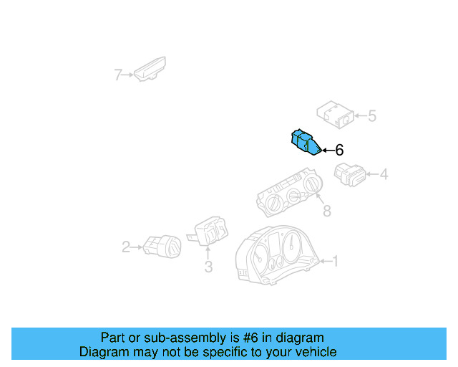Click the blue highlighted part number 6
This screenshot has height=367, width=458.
point(306,142)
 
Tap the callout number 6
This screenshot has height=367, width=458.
point(339,150)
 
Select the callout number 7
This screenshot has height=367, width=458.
point(117,75)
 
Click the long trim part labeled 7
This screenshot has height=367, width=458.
point(150,69)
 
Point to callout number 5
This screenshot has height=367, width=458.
point(372,116)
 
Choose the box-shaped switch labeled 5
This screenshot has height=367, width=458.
point(336,115)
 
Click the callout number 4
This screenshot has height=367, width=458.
point(384,174)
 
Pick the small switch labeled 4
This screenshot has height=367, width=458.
point(350,174)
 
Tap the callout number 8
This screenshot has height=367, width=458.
point(327,211)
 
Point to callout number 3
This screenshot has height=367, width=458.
point(208,267)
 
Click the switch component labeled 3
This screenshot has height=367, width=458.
point(208,231)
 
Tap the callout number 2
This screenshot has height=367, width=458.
point(126,247)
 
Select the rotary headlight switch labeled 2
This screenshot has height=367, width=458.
point(162,247)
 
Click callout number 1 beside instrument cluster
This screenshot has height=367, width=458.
point(336,261)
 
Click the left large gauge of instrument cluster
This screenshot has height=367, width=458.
point(259,258)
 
